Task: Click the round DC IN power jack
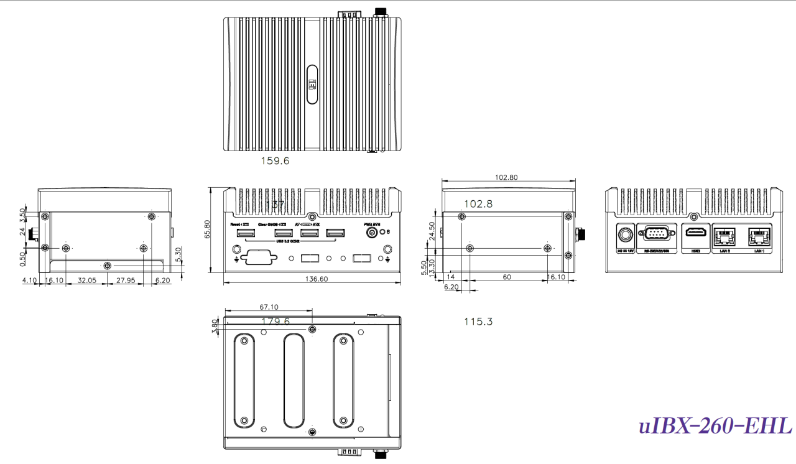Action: pos(624,236)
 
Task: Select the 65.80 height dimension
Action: pos(215,229)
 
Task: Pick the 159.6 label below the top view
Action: pos(274,160)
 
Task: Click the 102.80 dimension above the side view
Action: pos(506,177)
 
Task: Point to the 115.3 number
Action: pos(478,322)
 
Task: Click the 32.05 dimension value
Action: pos(87,281)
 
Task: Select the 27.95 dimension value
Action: pos(126,281)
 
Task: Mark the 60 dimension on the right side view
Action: pos(507,277)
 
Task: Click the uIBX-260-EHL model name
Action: pos(715,427)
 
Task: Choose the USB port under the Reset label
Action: pos(245,234)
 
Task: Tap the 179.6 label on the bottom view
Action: pos(275,322)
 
